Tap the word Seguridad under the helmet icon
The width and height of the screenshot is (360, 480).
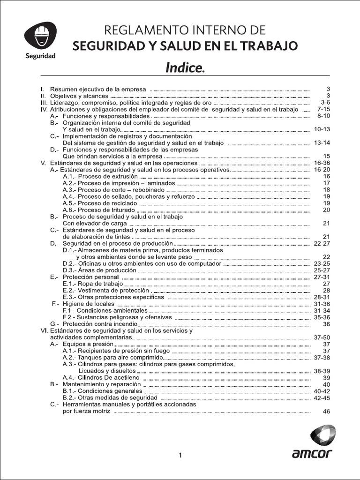(40, 56)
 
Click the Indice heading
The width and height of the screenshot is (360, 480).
(185, 68)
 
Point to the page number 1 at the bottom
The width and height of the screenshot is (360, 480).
(180, 455)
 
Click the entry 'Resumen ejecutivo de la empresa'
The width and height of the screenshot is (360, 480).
(98, 89)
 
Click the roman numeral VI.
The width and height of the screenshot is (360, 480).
(45, 330)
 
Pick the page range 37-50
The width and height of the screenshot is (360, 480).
(322, 337)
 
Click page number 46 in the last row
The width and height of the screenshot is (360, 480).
(327, 411)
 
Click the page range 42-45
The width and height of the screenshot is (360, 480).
(322, 397)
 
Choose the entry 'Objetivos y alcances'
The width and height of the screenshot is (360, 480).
(79, 96)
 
